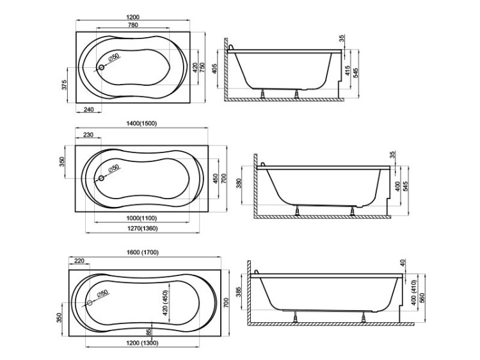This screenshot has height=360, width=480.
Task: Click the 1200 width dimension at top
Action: coord(132,17)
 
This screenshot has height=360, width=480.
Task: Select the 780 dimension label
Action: coord(132,25)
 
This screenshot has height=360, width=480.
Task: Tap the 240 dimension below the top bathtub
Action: coord(88,110)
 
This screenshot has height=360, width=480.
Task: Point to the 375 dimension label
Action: coord(64,85)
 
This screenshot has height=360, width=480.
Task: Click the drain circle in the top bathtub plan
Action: coord(101,67)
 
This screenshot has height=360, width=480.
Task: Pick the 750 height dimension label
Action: coord(202,67)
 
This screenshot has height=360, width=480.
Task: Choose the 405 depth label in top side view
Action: coord(214,69)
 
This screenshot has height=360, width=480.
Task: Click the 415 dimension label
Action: coord(348,70)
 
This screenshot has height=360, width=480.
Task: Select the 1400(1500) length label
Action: coord(141,124)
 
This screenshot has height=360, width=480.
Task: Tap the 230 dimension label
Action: coord(88,135)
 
